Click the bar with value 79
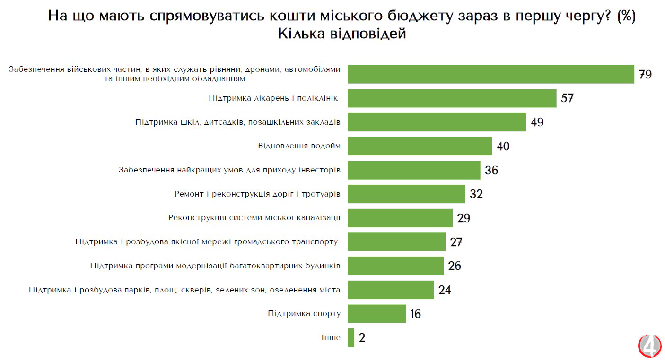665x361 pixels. tap(491, 74)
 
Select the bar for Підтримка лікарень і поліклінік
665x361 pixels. tap(452, 98)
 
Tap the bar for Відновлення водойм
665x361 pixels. tap(420, 146)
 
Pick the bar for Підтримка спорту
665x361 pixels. tap(377, 314)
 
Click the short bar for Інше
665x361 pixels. tap(351, 338)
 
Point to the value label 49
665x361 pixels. tap(537, 122)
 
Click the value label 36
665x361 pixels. tap(491, 170)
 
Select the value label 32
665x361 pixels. tap(476, 194)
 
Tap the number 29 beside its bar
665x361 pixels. tap(464, 218)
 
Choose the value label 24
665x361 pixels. tap(445, 290)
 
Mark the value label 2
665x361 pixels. tap(362, 338)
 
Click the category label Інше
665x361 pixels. tap(331, 338)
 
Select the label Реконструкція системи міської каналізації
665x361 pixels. tap(254, 218)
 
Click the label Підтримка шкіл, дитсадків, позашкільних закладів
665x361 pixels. tap(237, 122)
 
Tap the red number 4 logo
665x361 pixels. tap(649, 346)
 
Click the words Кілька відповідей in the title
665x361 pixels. tap(342, 34)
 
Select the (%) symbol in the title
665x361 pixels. tap(626, 16)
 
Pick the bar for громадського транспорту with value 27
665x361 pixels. tap(396, 242)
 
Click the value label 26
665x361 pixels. tap(455, 266)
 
